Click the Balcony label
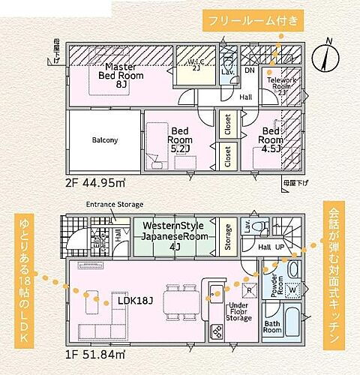pos(103,139)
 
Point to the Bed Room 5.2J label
pos(180,139)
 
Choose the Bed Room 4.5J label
pos(271,139)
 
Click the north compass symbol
pos(322,53)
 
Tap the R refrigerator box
pos(248,289)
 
